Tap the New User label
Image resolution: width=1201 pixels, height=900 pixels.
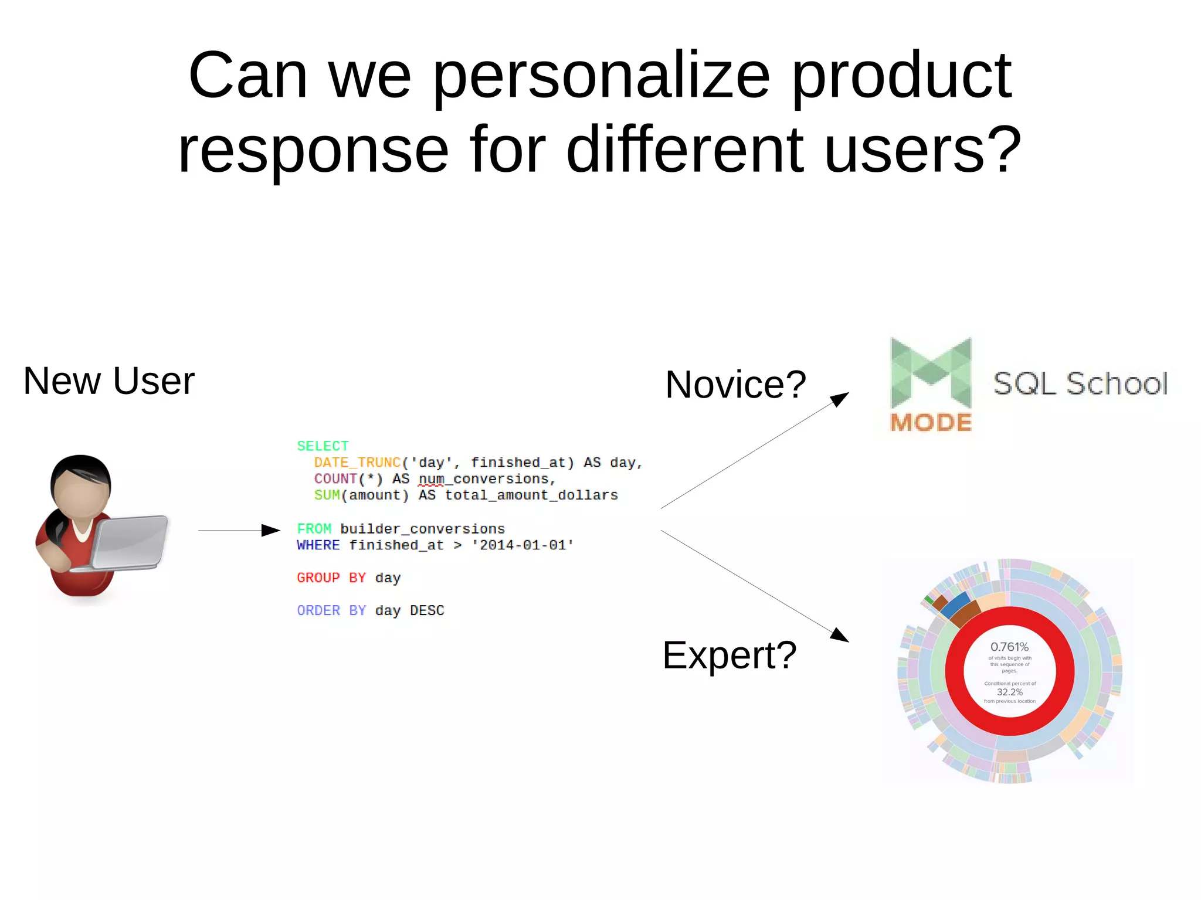108,381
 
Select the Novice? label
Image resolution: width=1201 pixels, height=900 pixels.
735,385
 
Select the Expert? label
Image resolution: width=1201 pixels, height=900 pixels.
729,656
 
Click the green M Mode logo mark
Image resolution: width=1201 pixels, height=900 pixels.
931,373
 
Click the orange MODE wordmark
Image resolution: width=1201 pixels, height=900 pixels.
931,423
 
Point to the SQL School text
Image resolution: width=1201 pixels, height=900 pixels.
1080,384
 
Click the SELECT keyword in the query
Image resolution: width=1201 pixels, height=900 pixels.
323,446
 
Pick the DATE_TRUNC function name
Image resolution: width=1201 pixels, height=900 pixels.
357,463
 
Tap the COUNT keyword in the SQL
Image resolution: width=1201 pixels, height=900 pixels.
335,479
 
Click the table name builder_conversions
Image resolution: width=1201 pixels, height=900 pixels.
422,529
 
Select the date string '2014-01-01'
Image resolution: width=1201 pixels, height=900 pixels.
523,545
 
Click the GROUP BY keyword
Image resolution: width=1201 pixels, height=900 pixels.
331,578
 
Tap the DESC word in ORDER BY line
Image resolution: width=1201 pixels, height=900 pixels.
427,611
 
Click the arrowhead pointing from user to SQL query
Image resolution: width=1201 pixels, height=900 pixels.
270,531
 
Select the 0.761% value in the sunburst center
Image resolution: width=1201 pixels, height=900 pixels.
1009,647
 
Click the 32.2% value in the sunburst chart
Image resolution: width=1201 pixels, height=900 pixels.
1009,692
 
